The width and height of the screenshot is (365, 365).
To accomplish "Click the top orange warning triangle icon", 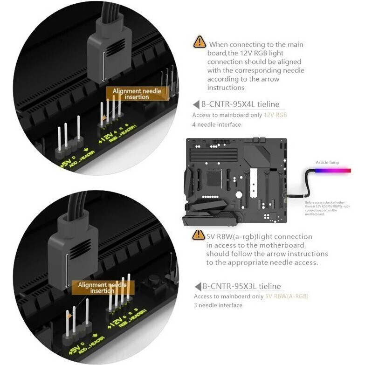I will [x=200, y=41].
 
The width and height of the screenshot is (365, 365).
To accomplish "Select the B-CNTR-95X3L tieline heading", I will [x=241, y=286].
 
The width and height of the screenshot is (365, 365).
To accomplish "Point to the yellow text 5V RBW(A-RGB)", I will [x=287, y=296].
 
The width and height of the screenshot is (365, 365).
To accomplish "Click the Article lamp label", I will [x=328, y=162].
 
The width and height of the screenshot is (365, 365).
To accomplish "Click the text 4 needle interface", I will [x=217, y=124].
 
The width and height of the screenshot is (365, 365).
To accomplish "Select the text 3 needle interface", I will [x=218, y=305].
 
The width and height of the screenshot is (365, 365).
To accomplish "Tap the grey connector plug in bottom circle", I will [x=77, y=243].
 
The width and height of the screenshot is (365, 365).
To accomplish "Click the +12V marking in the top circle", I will [x=106, y=136].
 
